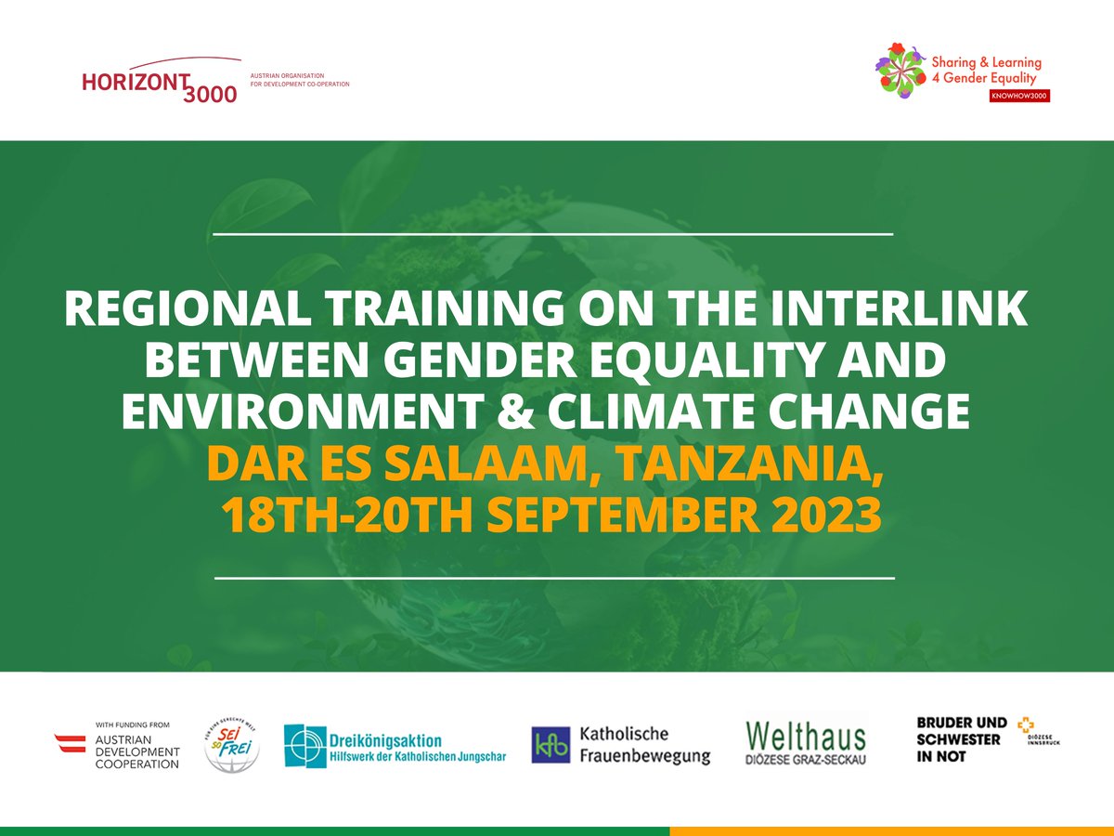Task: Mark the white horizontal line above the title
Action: [x=552, y=234]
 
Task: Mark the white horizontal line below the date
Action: [x=554, y=578]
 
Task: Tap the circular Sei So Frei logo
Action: [x=232, y=744]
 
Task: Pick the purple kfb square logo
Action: [x=551, y=745]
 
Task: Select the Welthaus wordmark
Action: [x=806, y=737]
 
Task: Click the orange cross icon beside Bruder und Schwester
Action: [x=1025, y=726]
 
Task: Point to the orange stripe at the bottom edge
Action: [x=891, y=830]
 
